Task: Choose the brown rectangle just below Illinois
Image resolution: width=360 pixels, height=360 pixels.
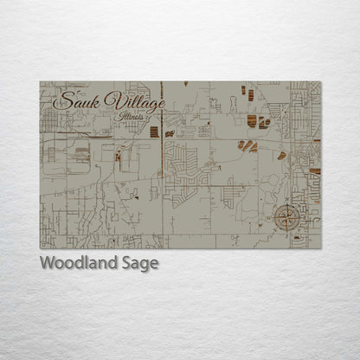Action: [154, 132]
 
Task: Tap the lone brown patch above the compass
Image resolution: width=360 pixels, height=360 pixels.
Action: [282, 156]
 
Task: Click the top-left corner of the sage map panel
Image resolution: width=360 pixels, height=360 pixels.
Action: [40, 81]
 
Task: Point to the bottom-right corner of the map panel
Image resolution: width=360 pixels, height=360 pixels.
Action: [320, 248]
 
